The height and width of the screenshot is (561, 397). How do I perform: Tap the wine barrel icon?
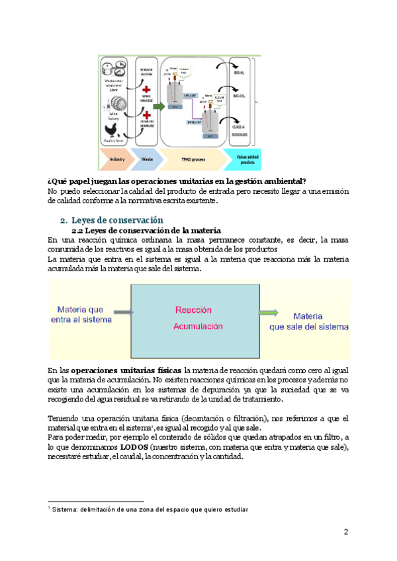[x=114, y=101]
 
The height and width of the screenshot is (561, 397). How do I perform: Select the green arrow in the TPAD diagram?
[x=158, y=106]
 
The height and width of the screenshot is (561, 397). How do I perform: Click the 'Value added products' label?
[x=251, y=159]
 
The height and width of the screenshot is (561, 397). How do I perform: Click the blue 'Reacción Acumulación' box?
[x=195, y=320]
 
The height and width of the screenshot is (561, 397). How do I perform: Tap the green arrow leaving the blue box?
[x=269, y=313]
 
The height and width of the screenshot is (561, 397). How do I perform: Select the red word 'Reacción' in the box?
[x=193, y=310]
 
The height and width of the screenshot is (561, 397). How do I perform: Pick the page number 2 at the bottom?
[x=345, y=532]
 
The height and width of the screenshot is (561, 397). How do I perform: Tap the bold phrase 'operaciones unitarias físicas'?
[x=126, y=370]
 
